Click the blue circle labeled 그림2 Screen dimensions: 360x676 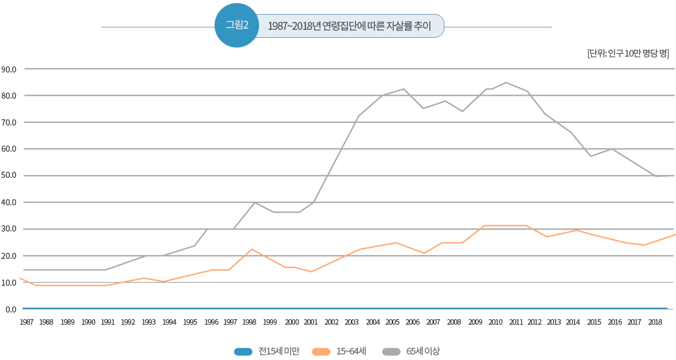click(237, 25)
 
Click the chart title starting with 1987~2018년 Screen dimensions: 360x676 click(349, 26)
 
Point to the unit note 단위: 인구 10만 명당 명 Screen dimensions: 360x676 click(628, 53)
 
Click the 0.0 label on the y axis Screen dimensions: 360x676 click(10, 309)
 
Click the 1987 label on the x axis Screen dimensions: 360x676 click(27, 322)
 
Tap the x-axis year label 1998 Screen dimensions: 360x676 click(249, 322)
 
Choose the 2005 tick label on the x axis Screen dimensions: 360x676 click(393, 322)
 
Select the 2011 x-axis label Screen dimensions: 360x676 click(516, 322)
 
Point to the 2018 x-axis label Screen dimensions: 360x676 click(655, 322)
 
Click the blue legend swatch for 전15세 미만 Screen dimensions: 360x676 click(243, 351)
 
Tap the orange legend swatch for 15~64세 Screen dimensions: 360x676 click(321, 351)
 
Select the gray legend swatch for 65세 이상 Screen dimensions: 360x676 click(392, 351)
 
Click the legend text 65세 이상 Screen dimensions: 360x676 click(423, 351)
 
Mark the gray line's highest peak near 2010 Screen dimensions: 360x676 click(506, 82)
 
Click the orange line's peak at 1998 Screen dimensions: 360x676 click(252, 249)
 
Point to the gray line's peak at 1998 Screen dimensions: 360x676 click(255, 202)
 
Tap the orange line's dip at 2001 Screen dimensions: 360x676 click(311, 272)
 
